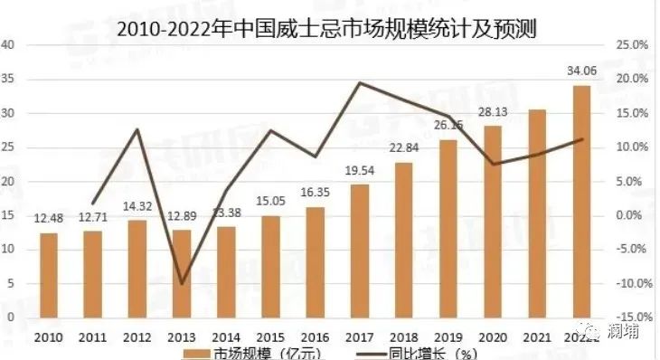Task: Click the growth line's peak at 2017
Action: pyautogui.click(x=360, y=83)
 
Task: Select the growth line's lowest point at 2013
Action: pyautogui.click(x=182, y=283)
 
